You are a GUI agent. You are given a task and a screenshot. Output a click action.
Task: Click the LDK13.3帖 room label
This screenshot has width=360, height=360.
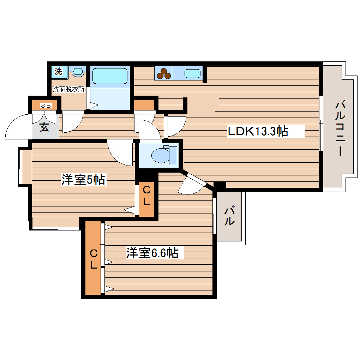[258, 131]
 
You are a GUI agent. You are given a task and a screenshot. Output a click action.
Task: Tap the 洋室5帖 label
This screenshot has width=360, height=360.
[83, 180]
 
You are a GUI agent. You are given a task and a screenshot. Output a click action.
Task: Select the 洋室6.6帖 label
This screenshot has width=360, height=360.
[152, 253]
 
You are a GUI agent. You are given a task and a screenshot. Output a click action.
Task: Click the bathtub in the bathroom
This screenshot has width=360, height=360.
[109, 76]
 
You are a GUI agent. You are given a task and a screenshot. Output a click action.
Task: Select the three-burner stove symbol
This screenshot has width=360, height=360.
[163, 73]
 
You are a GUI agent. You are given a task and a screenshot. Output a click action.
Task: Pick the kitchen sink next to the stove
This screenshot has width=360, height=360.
[192, 73]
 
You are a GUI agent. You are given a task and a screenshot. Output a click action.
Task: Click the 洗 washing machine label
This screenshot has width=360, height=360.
[58, 71]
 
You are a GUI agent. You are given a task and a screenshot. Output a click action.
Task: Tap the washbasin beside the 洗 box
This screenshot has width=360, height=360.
[78, 72]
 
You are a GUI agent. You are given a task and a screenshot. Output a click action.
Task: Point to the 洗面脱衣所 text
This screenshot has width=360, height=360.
[68, 89]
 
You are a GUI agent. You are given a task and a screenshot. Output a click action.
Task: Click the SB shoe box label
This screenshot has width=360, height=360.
[46, 105]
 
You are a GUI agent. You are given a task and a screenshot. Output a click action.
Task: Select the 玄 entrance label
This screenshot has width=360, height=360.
[44, 127]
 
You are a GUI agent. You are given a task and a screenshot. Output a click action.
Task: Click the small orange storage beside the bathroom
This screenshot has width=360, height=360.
[144, 105]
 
